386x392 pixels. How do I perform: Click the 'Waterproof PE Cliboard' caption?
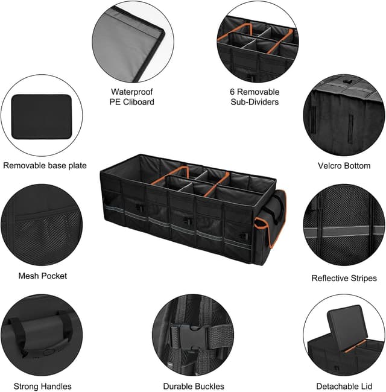tap(132, 96)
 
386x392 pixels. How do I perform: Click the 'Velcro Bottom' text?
tap(344, 165)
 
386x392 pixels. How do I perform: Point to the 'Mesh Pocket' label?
tap(43, 276)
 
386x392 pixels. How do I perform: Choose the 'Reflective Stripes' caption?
tap(344, 278)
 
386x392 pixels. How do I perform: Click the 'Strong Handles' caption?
tap(42, 386)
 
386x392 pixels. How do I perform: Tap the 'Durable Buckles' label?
tap(194, 386)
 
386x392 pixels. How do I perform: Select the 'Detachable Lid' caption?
tap(344, 386)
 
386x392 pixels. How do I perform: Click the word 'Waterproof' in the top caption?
tap(132, 92)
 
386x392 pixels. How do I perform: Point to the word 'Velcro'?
tap(331, 165)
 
